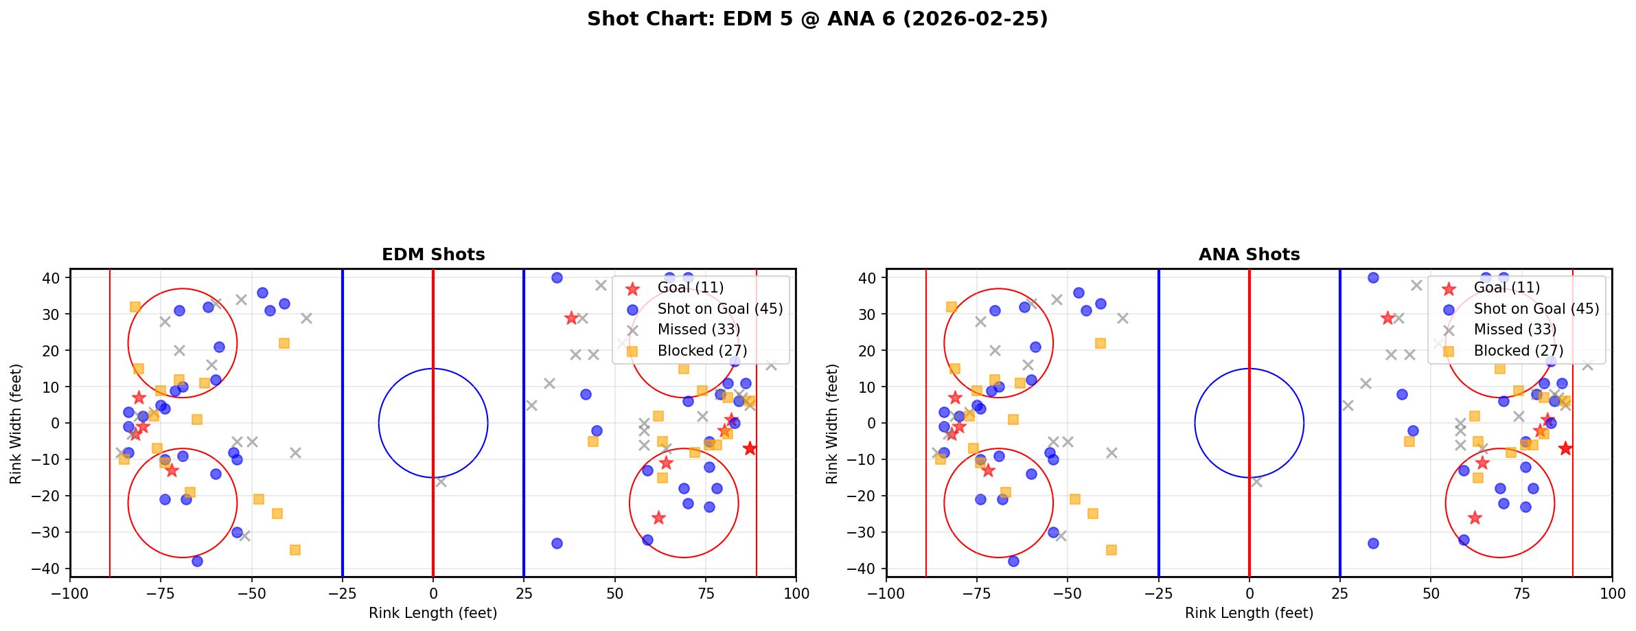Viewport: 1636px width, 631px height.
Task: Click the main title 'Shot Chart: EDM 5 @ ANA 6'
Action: click(817, 19)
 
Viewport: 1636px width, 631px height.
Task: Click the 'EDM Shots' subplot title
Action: click(433, 255)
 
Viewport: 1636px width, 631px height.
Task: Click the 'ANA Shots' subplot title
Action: click(1249, 255)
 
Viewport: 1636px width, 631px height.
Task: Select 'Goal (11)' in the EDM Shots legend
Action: click(690, 288)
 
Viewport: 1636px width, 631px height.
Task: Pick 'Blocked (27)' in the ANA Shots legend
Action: click(1518, 351)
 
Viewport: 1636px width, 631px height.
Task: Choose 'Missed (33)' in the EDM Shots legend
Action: click(698, 330)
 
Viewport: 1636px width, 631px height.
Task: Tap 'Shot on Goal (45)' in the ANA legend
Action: click(1536, 309)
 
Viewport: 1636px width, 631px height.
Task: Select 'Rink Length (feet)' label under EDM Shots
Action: click(433, 613)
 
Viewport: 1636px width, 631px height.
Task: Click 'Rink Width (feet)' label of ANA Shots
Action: click(832, 424)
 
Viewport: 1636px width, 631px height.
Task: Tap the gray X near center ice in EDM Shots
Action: click(440, 481)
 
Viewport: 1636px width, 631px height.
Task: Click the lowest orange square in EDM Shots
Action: click(295, 550)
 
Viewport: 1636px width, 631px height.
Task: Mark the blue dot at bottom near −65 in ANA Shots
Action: click(1013, 561)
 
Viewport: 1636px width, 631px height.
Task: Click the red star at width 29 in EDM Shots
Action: click(571, 318)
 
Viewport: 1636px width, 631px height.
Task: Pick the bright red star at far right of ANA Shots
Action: click(1565, 448)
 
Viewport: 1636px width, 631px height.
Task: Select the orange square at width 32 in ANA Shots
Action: click(951, 307)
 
